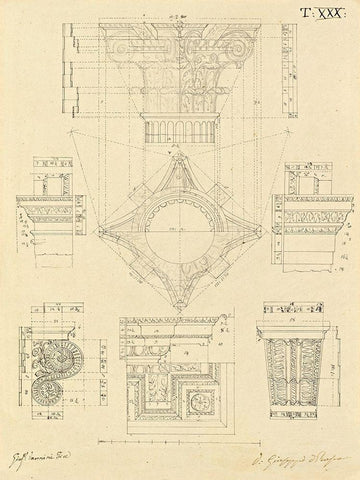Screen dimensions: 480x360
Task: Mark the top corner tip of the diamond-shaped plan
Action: [x=180, y=158]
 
